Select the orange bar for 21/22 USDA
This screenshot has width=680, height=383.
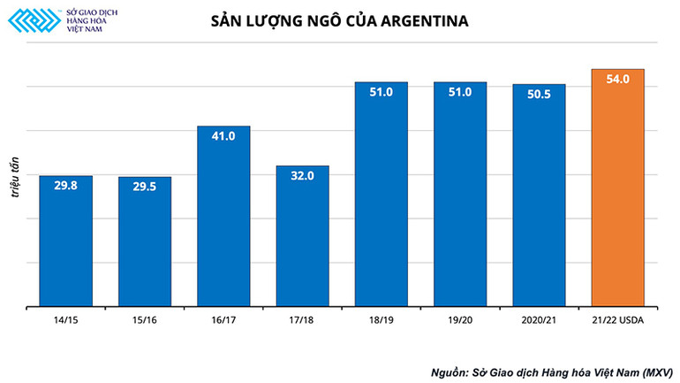(x=617, y=195)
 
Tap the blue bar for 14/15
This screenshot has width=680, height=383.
(x=66, y=248)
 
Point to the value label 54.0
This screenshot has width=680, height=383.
(x=617, y=80)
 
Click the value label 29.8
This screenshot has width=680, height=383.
(x=66, y=187)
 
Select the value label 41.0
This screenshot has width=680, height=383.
(x=223, y=136)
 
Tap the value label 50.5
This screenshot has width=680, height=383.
(x=539, y=95)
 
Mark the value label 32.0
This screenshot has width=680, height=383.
(x=302, y=176)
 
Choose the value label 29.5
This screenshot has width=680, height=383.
(x=145, y=188)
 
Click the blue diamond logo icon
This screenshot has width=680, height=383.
(x=33, y=20)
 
